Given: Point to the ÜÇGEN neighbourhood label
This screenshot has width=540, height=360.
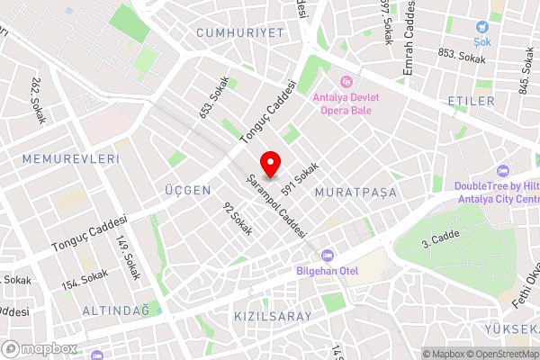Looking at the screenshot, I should click(x=188, y=191).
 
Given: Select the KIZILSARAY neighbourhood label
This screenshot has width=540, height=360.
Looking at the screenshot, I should click(x=272, y=317).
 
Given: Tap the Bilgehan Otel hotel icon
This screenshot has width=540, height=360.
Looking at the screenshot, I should click(x=326, y=256).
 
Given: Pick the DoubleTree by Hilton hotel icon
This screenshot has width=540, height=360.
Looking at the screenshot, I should click(x=503, y=171).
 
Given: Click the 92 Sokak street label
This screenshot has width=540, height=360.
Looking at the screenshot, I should click(x=238, y=219).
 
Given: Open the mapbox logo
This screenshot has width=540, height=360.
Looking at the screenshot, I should click(x=40, y=348).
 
